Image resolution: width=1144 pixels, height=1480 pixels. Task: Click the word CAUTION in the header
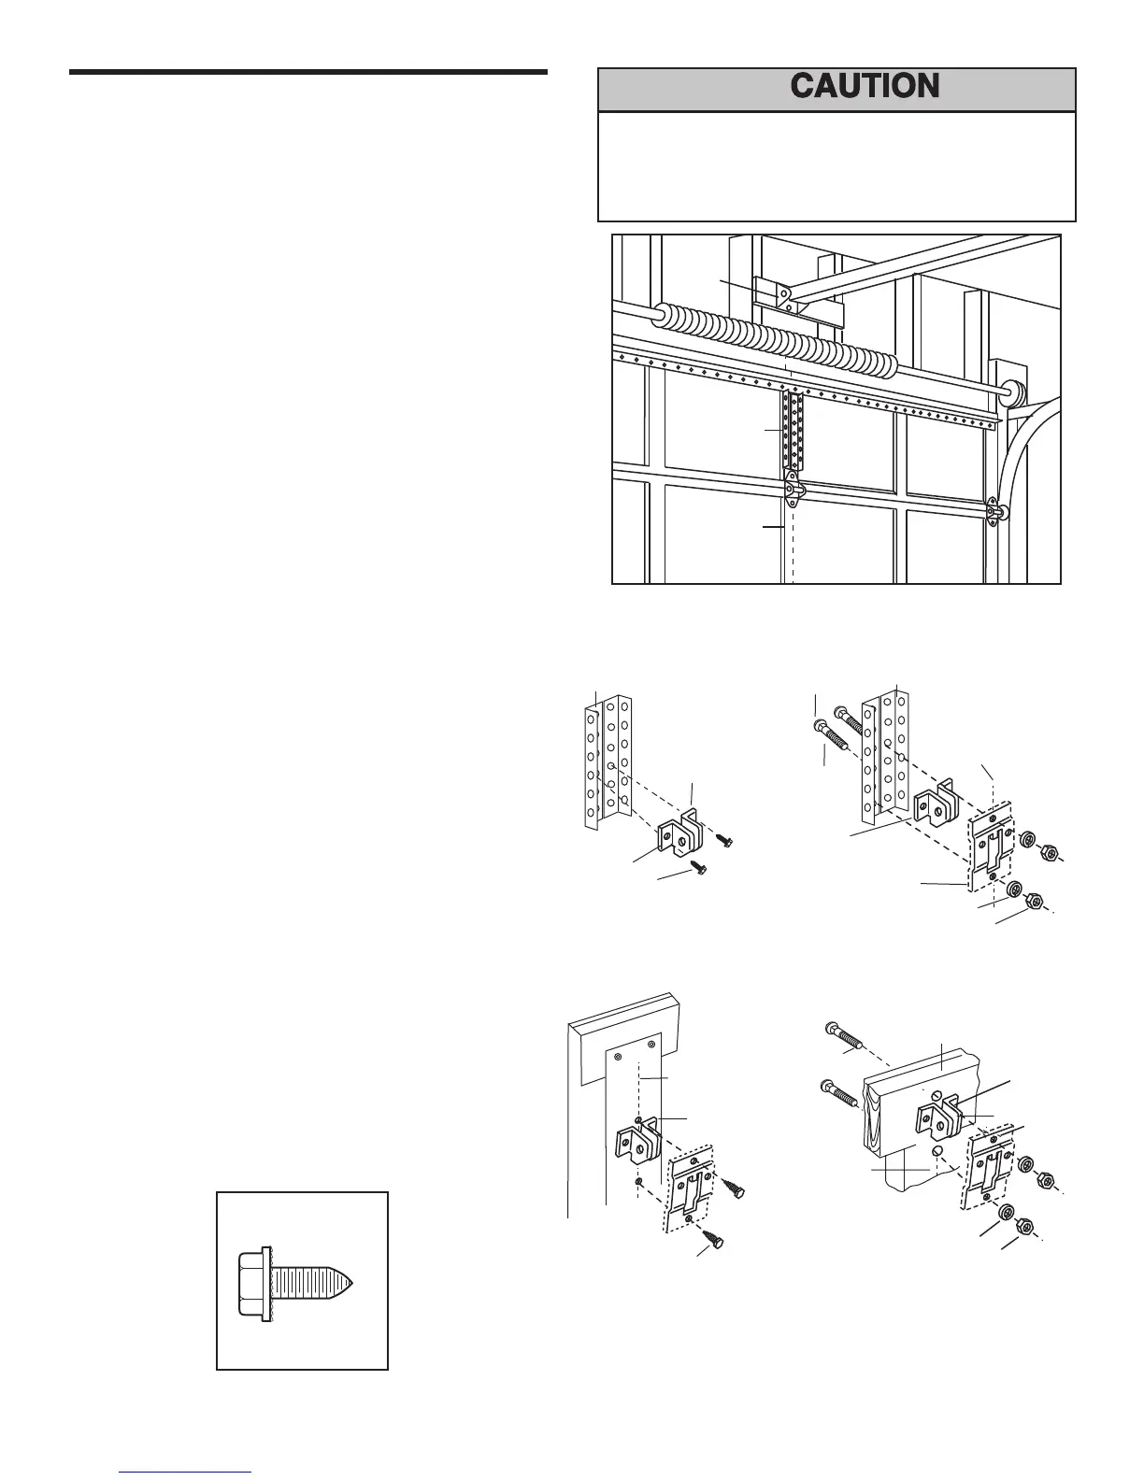[x=865, y=87]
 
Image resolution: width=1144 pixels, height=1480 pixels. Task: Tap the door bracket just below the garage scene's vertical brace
[x=793, y=488]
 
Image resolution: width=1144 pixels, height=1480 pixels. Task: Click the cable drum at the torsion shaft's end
[x=1008, y=391]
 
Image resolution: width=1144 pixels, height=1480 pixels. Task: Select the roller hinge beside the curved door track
[x=997, y=510]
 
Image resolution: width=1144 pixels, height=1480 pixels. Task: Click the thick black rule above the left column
[x=307, y=72]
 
